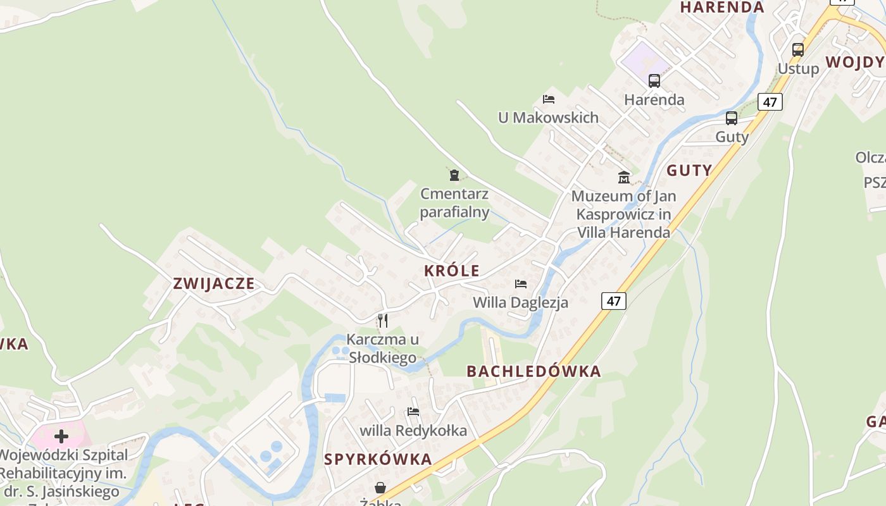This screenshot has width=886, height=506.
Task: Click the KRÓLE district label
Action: click(452, 271)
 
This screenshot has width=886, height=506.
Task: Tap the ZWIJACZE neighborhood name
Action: click(214, 284)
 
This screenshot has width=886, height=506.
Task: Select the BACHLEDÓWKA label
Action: click(533, 371)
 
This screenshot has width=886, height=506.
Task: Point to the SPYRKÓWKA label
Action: click(378, 460)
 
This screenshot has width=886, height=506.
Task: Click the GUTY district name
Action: click(689, 171)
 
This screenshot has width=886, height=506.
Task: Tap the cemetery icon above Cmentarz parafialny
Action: click(454, 175)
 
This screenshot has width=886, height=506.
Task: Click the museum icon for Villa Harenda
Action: click(624, 177)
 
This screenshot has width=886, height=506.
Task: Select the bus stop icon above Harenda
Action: click(654, 81)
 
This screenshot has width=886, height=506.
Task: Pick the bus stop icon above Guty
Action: click(731, 118)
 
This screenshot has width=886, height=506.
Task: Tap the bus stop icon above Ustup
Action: click(797, 49)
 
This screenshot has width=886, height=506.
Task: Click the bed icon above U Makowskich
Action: click(549, 99)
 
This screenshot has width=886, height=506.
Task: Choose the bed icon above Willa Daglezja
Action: click(521, 284)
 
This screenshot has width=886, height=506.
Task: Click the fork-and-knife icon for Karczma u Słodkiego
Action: click(382, 321)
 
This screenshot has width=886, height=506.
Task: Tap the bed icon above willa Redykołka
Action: click(413, 412)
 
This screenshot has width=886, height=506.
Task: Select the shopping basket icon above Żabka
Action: click(380, 488)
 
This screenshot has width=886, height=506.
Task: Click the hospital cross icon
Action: click(61, 436)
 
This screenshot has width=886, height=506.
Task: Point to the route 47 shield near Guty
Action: click(770, 102)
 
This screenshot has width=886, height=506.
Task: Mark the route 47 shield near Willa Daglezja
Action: click(613, 301)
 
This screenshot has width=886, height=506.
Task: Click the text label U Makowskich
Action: click(548, 118)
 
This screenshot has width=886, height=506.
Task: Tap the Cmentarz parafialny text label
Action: click(454, 202)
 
